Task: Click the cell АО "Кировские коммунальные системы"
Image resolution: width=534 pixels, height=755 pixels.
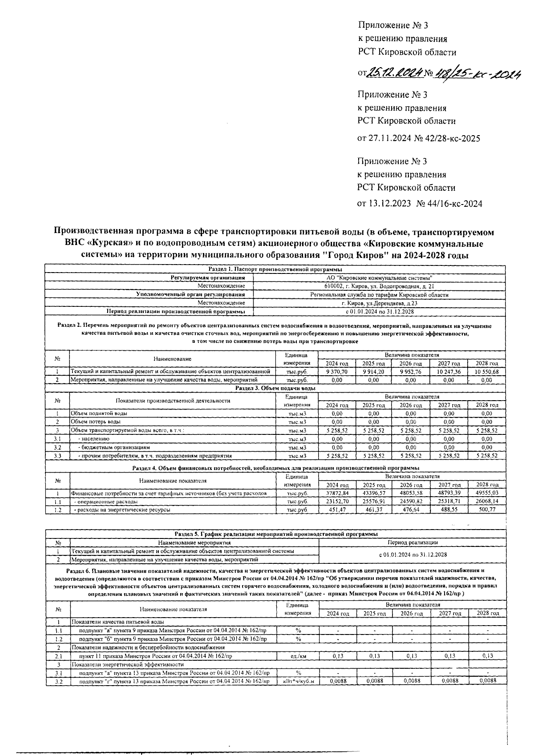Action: (379, 277)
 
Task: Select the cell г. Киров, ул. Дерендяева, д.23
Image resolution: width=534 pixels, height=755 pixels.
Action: (379, 303)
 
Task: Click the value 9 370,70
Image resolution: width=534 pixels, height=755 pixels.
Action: (337, 371)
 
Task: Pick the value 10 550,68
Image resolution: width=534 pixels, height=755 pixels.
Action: (487, 371)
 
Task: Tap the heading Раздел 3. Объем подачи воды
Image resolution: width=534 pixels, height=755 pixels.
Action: (275, 388)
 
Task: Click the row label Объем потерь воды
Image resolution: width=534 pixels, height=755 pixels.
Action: (96, 422)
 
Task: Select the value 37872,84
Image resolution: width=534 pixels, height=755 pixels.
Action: (337, 493)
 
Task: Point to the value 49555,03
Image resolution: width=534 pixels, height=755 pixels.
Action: (487, 493)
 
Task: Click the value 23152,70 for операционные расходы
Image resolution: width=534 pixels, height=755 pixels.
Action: (337, 502)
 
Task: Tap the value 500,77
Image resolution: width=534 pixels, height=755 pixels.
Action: (487, 510)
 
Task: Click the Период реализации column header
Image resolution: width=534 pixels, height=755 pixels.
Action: (413, 542)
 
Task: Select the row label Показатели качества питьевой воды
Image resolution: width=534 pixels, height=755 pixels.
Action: (118, 622)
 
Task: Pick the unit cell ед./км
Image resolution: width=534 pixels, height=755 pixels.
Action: (298, 656)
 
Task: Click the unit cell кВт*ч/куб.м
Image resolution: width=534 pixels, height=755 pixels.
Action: (298, 681)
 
